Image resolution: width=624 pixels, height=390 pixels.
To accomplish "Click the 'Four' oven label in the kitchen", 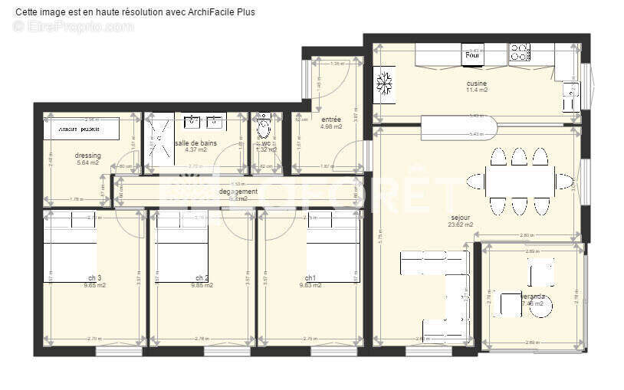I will tap(473, 55).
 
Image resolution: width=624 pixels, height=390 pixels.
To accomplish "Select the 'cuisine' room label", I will tap(477, 84).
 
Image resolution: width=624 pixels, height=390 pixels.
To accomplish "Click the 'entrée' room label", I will tap(331, 120).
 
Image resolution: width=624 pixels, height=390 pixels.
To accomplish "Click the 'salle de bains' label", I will tap(195, 143).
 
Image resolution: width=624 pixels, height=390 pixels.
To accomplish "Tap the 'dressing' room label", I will tap(88, 156).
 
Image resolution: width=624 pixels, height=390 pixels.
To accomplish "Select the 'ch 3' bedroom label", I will tap(95, 278).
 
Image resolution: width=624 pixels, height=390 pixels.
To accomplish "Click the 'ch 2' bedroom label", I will tap(202, 278).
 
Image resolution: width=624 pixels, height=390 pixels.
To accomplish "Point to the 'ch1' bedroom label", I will tap(310, 278).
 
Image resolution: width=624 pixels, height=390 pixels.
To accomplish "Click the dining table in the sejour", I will tap(521, 182).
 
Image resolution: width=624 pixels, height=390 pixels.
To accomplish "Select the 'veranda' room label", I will tap(533, 296).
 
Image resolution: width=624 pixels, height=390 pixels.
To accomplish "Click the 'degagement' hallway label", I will tap(238, 192).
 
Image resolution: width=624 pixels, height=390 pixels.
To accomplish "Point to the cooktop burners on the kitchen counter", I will tap(520, 53).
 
